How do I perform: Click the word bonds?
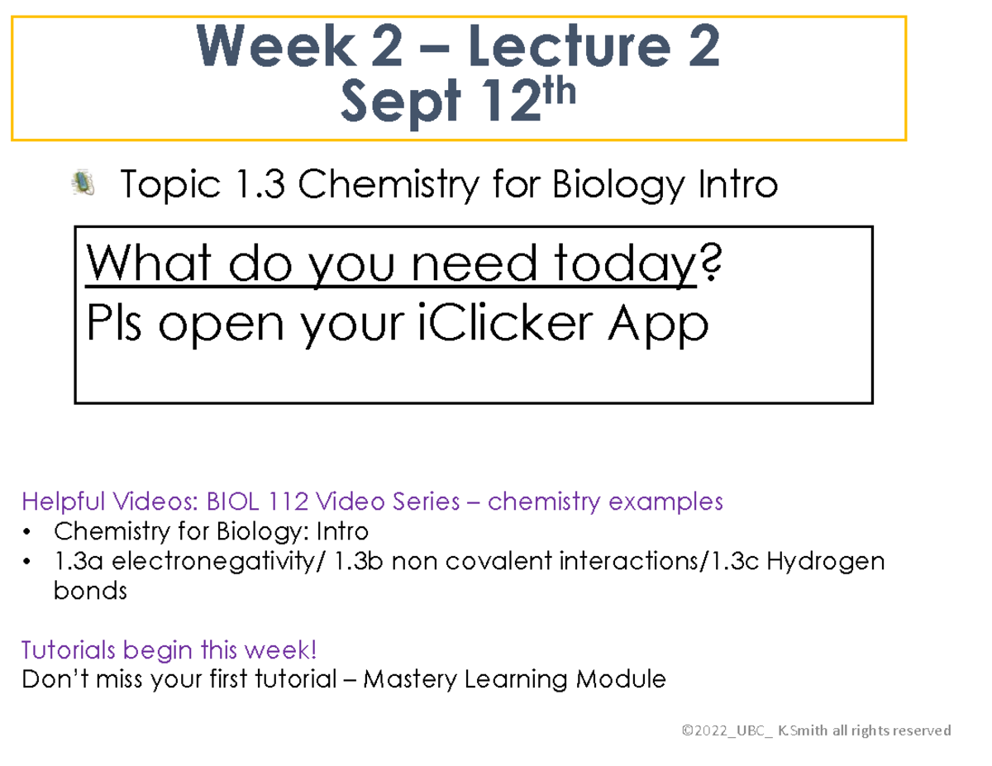[90, 592]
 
